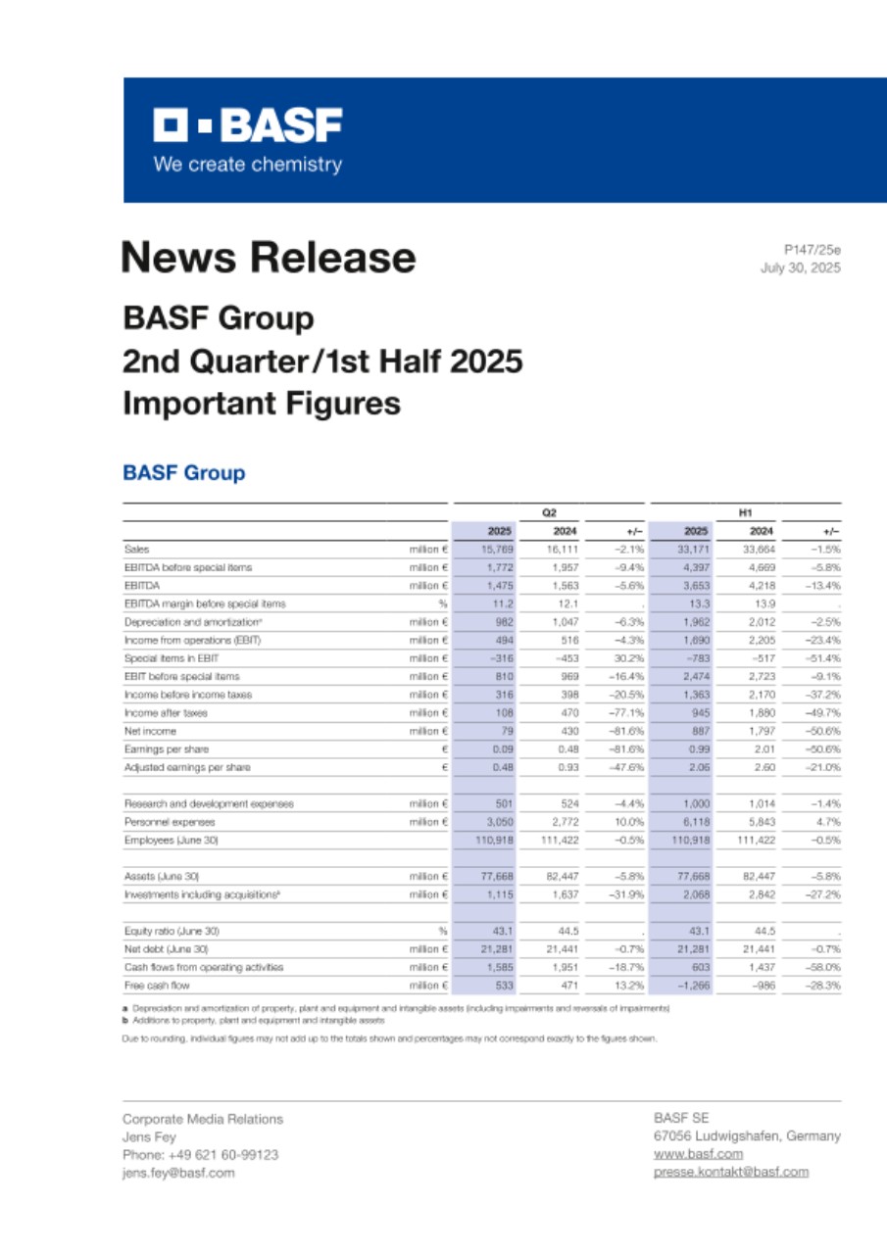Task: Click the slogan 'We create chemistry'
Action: (x=247, y=165)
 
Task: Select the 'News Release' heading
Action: (x=268, y=258)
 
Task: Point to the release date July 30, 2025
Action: (x=800, y=267)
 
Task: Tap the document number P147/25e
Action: (x=812, y=250)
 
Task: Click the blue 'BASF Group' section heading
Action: (x=183, y=473)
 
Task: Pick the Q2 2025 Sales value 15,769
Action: (x=499, y=551)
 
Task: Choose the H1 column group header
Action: (x=745, y=512)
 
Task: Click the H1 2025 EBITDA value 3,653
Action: (x=695, y=586)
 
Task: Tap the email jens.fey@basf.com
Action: (x=177, y=1173)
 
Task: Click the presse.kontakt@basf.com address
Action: (x=730, y=1172)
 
